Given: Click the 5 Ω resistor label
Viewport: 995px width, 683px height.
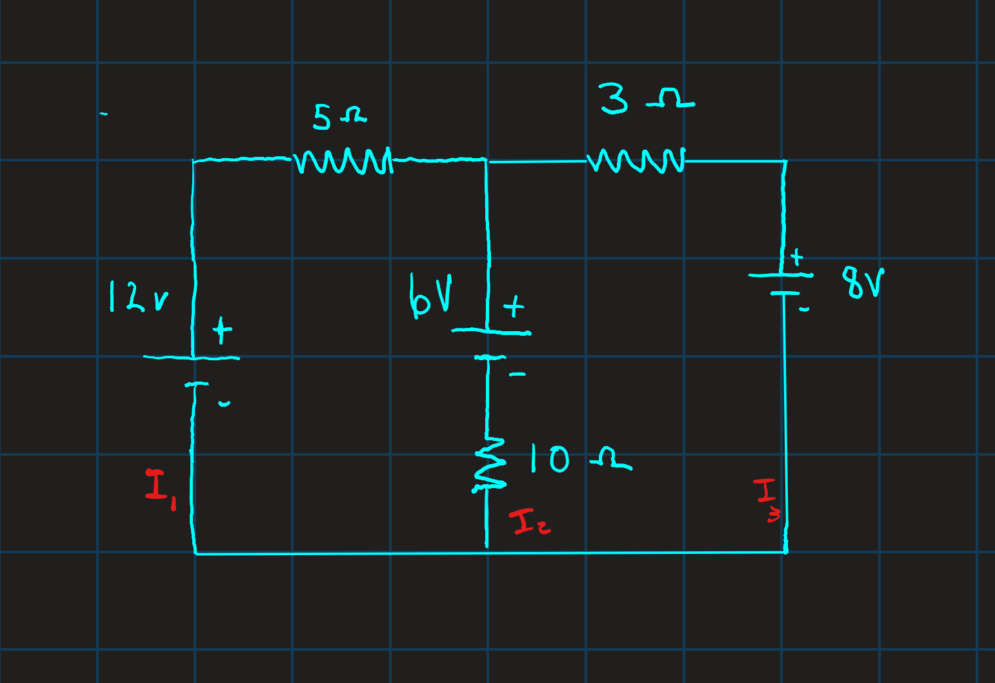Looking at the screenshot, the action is coord(340,117).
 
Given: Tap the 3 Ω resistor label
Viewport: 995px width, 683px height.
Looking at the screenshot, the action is coord(647,99).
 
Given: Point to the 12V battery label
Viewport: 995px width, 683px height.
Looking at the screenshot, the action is coord(139,296).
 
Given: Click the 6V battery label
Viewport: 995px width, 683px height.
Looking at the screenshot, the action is coord(430,296).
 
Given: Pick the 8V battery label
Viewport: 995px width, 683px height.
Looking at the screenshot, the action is coord(863,283).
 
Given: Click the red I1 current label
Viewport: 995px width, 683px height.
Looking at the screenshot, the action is coord(161,490).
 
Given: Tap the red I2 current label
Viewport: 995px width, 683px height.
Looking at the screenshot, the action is coord(530,522).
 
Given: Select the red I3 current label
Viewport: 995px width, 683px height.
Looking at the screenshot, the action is coord(767,500).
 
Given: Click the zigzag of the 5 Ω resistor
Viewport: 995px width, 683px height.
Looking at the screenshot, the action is coord(343,161).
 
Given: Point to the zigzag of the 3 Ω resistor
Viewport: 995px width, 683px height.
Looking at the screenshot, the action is coord(636,160).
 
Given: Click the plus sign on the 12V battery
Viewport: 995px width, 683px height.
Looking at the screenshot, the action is coord(222,330).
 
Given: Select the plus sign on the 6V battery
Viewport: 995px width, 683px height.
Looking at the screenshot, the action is coord(514,306).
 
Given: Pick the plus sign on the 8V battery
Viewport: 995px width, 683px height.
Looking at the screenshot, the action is coord(797,257).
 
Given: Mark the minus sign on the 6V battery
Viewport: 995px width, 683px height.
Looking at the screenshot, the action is coord(518,374).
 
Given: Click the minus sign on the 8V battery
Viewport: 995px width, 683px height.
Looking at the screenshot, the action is coord(804,309).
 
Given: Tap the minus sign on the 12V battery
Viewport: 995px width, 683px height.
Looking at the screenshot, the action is coord(225,403).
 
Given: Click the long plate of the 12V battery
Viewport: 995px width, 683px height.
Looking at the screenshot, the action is coord(192,357).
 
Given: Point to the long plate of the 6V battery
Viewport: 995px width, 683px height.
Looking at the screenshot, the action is coord(491,332).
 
